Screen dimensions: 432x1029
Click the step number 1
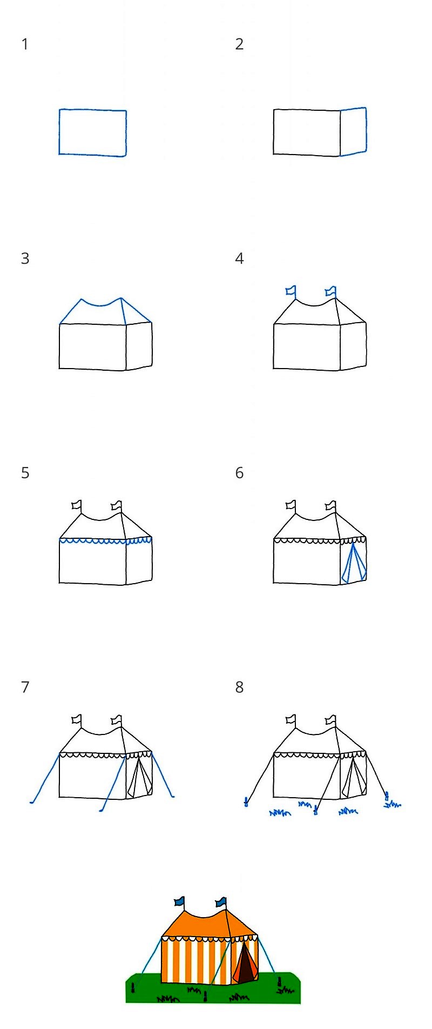pos(24,44)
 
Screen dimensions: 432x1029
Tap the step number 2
pos(239,44)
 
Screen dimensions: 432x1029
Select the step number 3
pos(25,258)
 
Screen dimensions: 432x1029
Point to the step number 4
pos(239,258)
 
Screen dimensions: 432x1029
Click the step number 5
pos(25,473)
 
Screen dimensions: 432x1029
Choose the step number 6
pos(239,473)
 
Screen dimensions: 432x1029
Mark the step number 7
pos(25,687)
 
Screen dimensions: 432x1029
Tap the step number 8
pos(239,687)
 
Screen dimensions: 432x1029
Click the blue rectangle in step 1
pos(59,132)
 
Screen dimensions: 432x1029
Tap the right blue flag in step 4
pos(331,292)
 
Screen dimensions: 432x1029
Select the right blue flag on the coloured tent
pos(221,901)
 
